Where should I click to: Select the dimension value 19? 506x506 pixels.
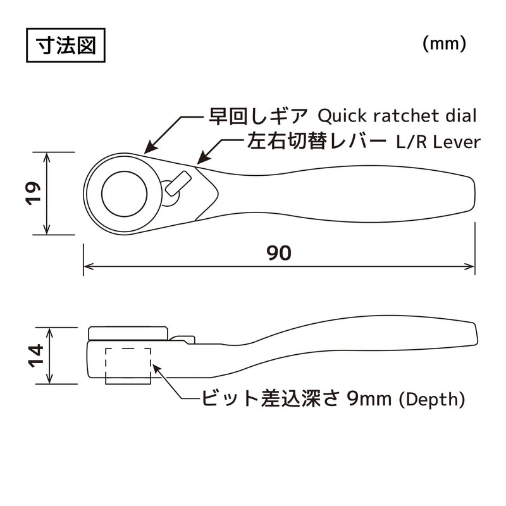pos(35,192)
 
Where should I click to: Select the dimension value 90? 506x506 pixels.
pos(278,253)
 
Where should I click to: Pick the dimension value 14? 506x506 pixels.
pos(35,356)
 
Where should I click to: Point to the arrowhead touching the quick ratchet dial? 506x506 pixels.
pos(147,151)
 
